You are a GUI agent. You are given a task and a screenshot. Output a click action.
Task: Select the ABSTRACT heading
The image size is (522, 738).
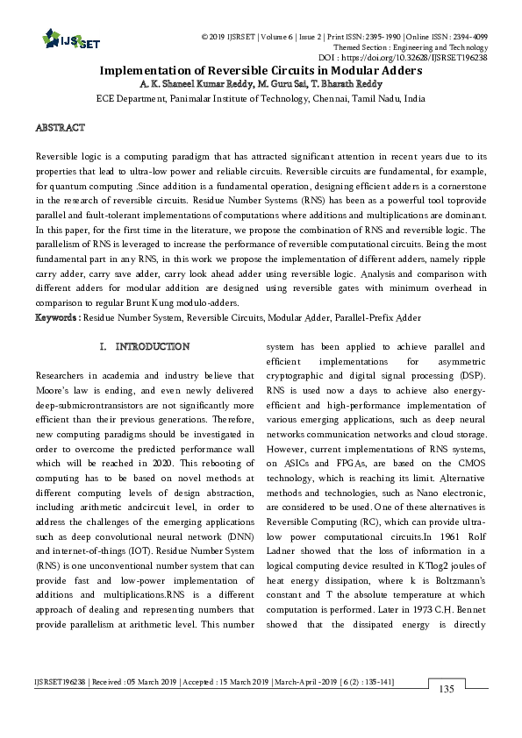point(60,128)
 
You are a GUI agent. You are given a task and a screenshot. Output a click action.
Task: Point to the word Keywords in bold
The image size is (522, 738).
point(58,317)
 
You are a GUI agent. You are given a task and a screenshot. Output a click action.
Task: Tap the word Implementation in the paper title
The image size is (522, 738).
point(146,70)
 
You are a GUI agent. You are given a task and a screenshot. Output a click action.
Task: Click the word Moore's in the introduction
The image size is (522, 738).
point(53,390)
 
